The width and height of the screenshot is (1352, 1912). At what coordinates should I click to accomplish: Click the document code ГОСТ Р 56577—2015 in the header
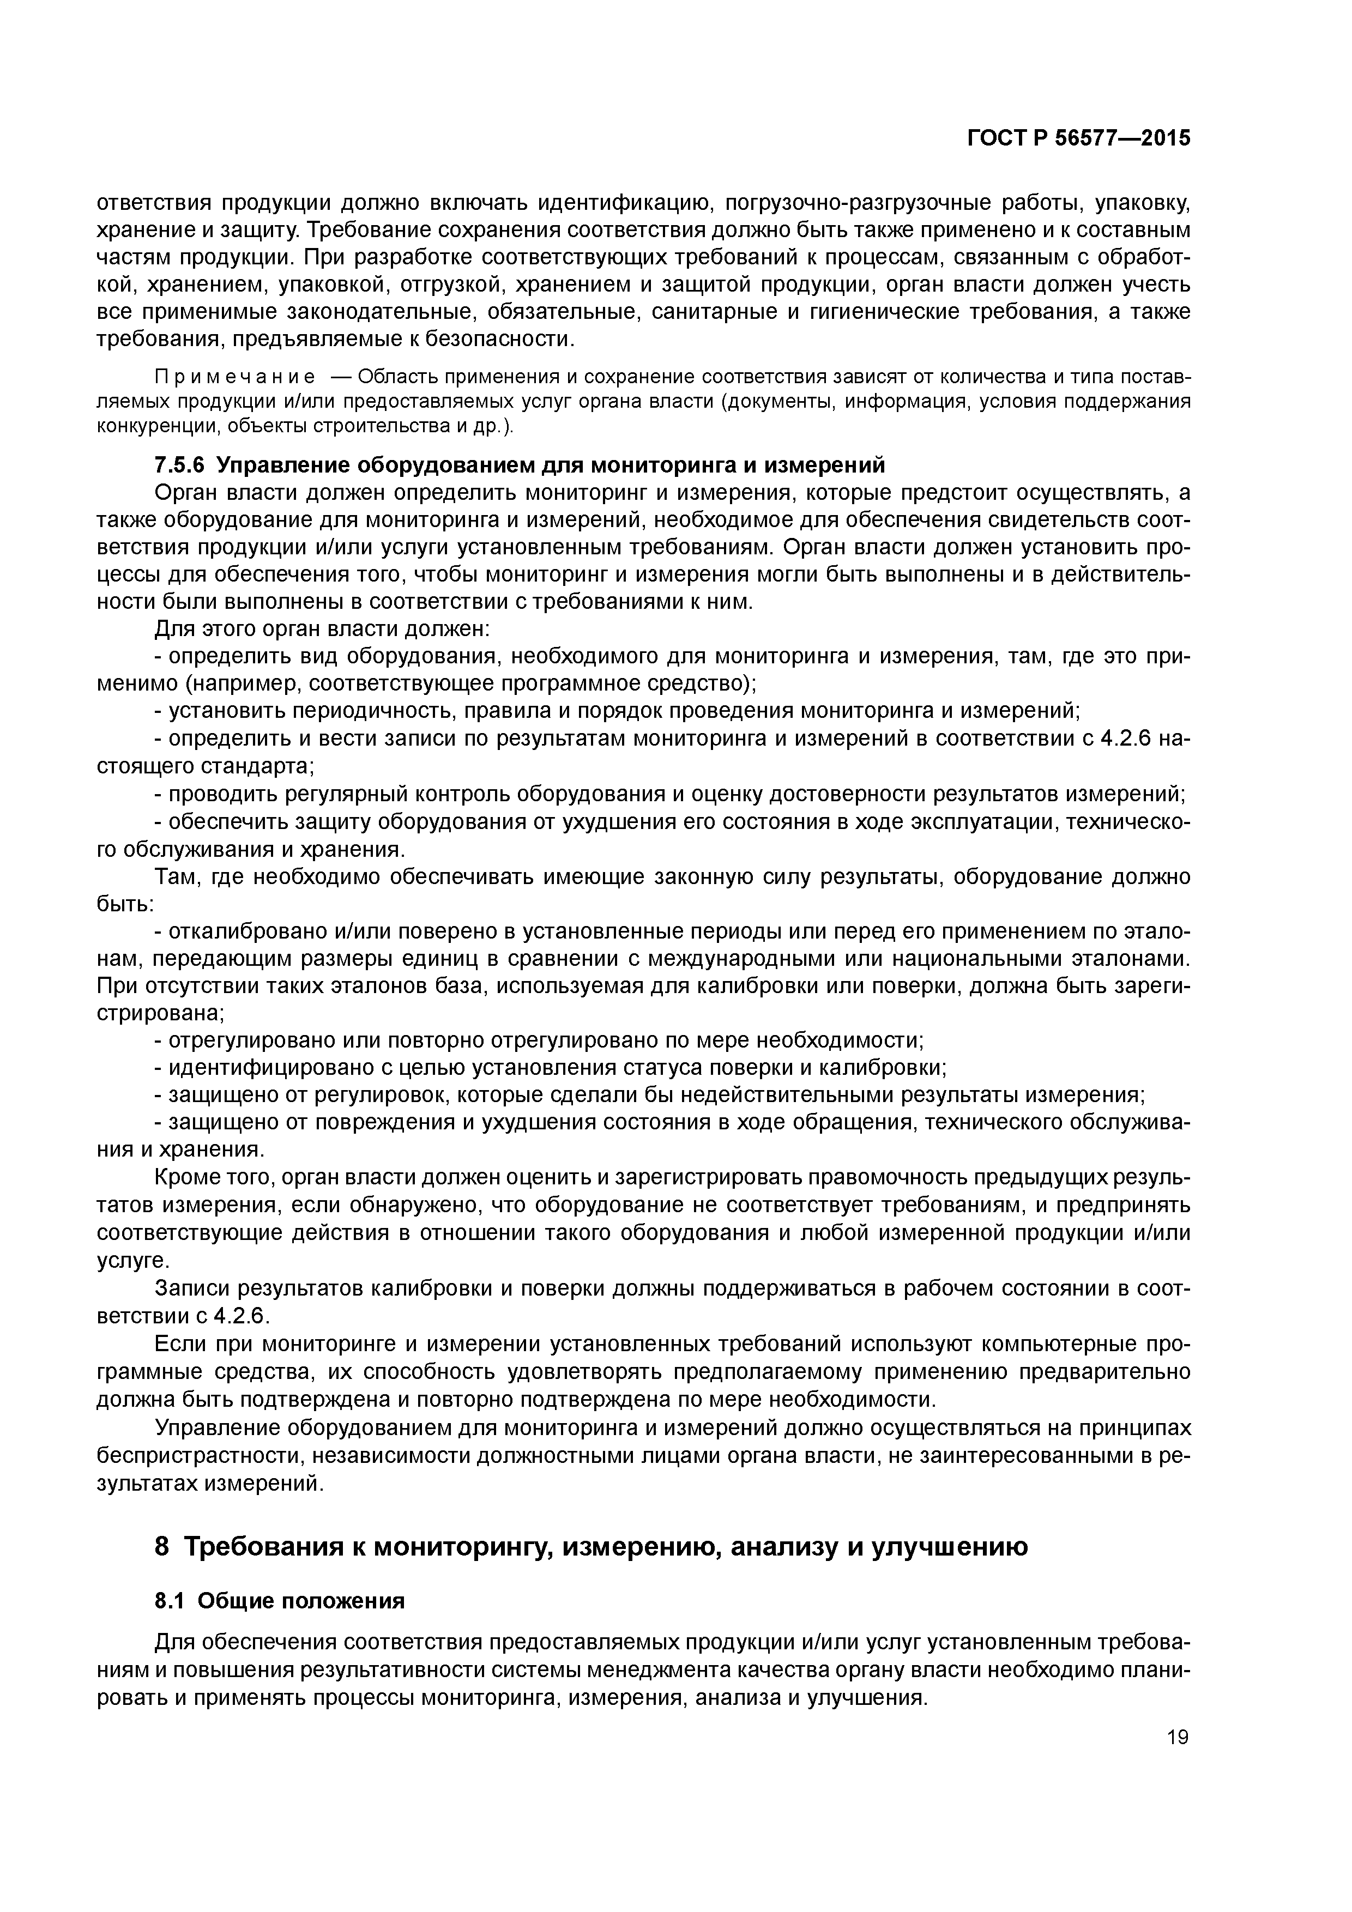coord(1079,138)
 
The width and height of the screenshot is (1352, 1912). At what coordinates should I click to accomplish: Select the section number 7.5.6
coord(181,465)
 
